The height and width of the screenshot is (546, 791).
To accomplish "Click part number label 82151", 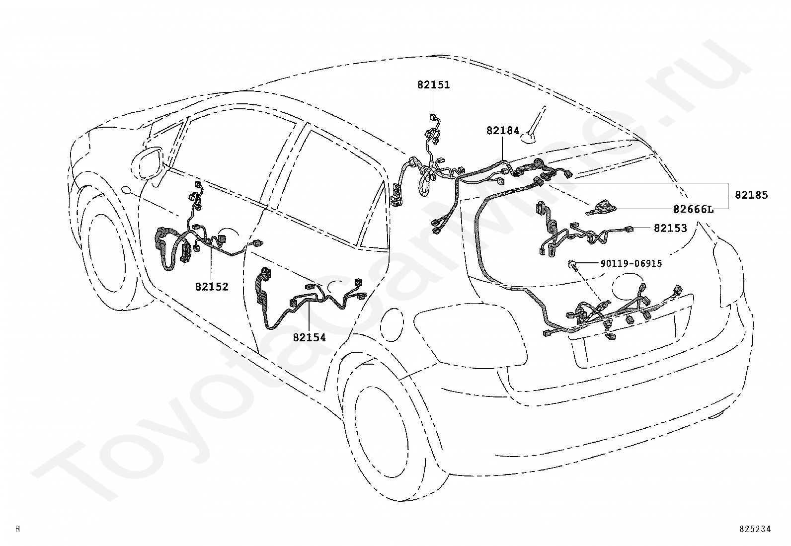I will (433, 85).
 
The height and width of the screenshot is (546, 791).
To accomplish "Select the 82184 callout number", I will (502, 131).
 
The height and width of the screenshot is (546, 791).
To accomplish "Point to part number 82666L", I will (693, 209).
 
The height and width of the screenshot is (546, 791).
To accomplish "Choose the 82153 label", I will (670, 228).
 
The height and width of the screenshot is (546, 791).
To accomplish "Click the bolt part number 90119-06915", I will (631, 264).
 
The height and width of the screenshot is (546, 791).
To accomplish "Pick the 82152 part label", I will (211, 287).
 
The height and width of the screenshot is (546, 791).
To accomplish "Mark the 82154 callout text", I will (309, 338).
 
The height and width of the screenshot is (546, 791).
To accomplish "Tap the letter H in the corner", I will (18, 530).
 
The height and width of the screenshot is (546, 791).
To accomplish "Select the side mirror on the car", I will (148, 162).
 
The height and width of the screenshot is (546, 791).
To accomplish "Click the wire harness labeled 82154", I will (308, 303).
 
